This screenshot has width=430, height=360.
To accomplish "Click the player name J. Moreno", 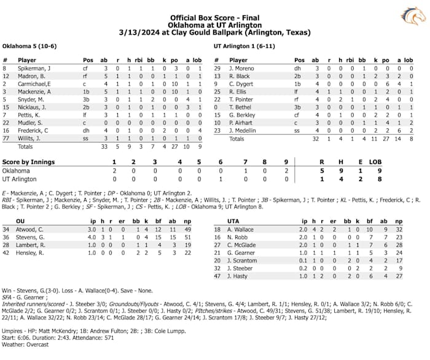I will (241, 68).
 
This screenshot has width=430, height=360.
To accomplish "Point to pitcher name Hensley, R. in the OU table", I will (30, 252).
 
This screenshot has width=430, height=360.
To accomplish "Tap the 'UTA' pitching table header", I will (233, 220).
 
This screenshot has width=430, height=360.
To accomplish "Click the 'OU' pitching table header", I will (20, 220).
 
